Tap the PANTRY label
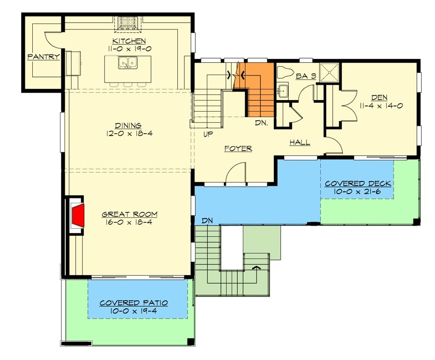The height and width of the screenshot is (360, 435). tap(43, 57)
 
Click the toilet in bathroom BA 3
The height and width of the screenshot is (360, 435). tap(285, 72)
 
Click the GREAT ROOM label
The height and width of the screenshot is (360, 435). tap(129, 214)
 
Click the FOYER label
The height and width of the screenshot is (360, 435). tap(238, 148)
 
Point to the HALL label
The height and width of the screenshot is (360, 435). tap(300, 143)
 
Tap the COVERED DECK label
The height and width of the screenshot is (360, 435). tap(358, 183)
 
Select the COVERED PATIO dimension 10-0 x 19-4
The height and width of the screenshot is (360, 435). tap(134, 311)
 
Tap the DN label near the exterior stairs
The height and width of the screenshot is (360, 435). tap(206, 221)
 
